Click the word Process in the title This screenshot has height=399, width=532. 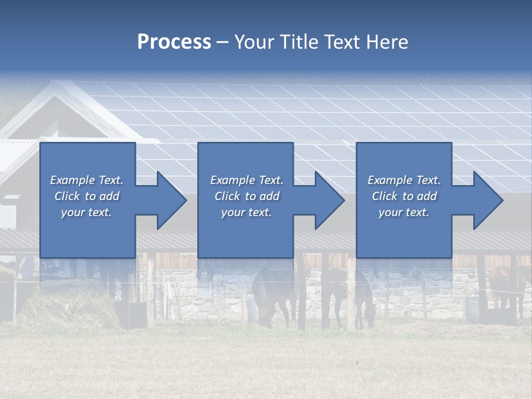174,42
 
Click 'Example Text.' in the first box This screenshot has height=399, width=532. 86,180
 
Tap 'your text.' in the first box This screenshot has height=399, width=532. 86,212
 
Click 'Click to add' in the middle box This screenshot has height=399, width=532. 247,196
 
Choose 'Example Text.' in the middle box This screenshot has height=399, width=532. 247,180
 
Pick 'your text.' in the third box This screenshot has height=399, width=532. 404,212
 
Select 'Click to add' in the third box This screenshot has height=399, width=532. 404,196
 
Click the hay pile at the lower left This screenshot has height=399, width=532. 61,308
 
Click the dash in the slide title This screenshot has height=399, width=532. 223,42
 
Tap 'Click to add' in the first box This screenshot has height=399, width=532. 86,196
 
